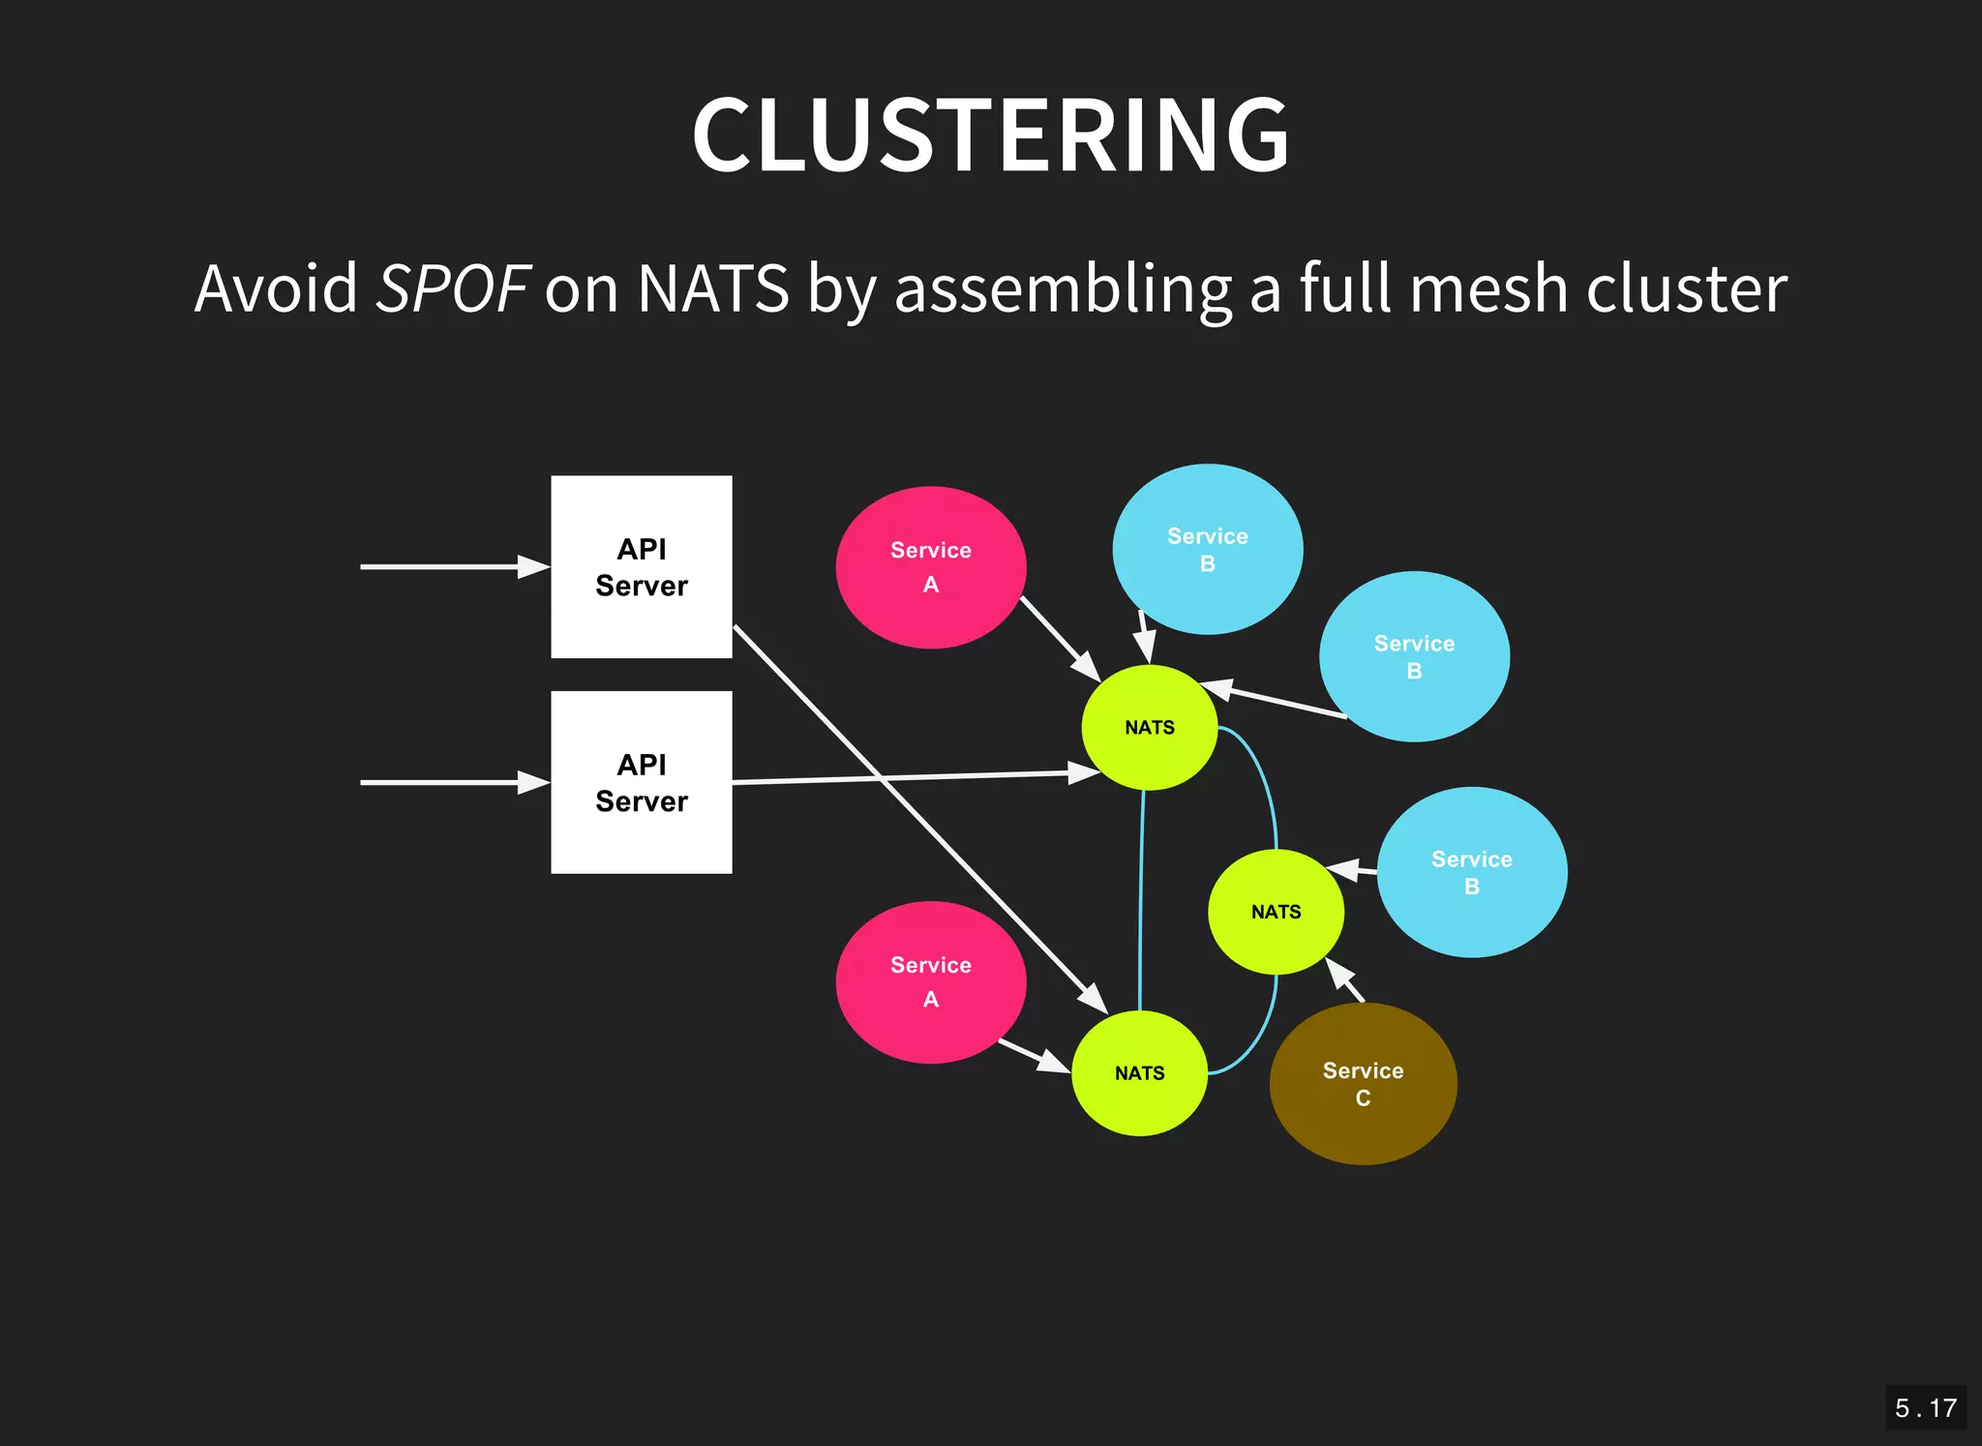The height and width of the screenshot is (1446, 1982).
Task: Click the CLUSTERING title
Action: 990,136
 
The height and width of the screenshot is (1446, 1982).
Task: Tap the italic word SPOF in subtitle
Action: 452,288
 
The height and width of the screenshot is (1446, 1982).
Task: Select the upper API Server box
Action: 641,566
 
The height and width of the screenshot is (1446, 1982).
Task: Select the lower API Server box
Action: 641,782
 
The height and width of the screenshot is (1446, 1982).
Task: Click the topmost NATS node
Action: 1149,728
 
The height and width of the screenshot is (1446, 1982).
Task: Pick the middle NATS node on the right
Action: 1276,912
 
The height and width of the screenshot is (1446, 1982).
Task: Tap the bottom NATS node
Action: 1139,1072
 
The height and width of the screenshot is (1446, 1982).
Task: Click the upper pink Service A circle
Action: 930,567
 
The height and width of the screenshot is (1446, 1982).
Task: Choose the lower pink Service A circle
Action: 930,981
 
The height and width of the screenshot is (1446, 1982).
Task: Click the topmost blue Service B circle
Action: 1207,549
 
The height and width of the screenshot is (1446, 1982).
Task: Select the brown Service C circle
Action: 1363,1083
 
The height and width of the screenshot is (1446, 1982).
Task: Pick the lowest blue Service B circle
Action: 1471,872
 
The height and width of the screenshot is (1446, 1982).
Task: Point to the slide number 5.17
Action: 1925,1407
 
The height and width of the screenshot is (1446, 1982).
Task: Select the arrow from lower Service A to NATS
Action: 1033,1056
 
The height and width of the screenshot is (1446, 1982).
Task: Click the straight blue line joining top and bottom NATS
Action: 1141,900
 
